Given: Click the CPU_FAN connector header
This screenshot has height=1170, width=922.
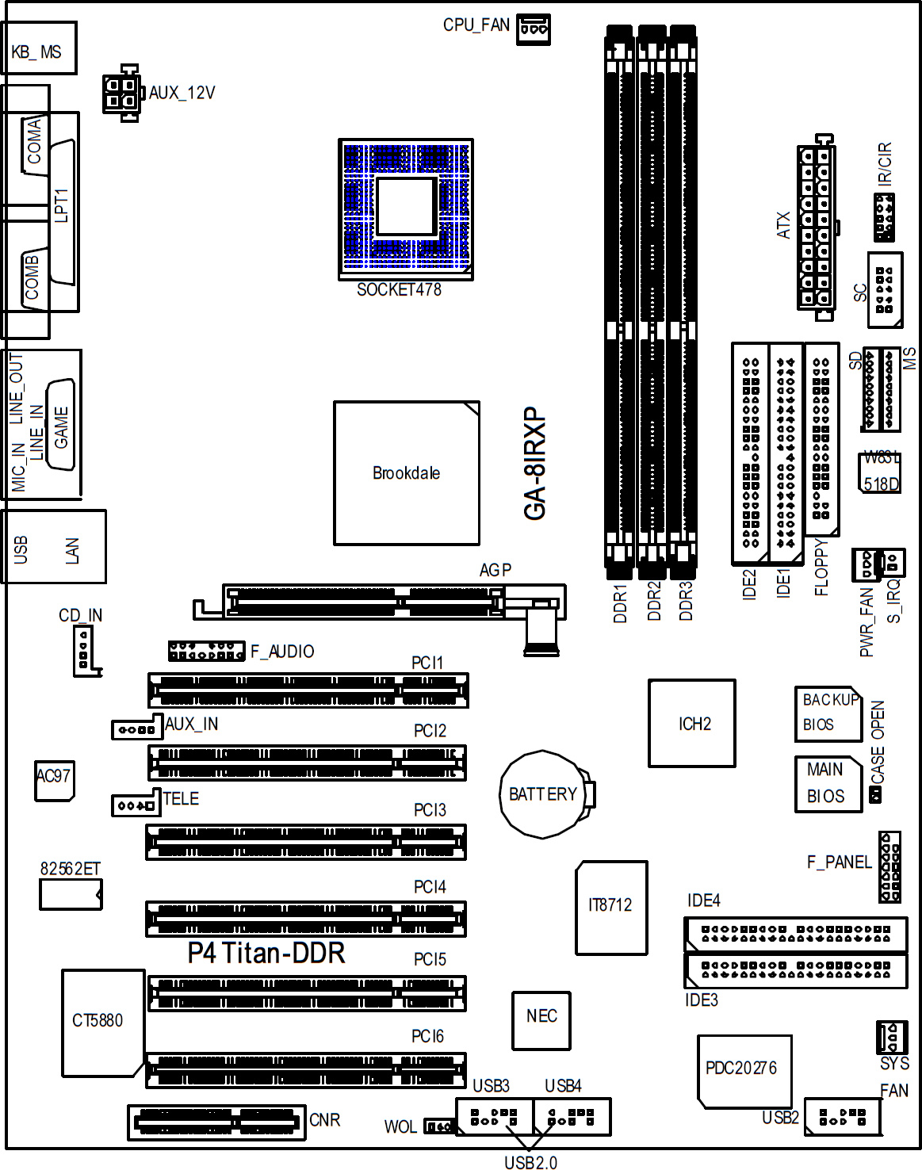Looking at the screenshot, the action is coord(533,29).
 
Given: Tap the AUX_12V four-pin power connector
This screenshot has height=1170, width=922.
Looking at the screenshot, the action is coord(122,93).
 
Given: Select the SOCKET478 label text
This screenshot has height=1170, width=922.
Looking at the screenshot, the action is coord(399,290).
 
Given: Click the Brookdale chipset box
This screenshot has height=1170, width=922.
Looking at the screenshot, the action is coord(407,473).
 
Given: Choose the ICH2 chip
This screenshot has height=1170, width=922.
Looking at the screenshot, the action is coord(692,724).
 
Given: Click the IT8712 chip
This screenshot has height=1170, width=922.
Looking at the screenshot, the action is coord(611,908).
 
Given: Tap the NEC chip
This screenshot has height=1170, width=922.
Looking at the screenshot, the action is coord(541,1020).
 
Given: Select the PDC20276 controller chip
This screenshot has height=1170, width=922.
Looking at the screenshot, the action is coord(744,1072).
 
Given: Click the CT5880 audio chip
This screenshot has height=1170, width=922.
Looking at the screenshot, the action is coord(103,1023).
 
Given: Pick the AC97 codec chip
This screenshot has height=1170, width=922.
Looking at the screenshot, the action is coord(54,781).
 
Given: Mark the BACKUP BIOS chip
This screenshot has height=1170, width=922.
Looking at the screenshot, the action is coord(828,713).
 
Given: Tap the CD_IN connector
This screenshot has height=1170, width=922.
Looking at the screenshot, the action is coord(86,650).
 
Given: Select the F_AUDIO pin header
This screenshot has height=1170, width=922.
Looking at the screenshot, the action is coord(206,651).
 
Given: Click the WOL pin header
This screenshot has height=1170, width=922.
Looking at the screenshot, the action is coord(439,1126).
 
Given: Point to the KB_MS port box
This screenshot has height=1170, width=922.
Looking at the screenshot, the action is coord(39,48).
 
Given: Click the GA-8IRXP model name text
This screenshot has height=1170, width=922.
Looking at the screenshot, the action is coord(534,463).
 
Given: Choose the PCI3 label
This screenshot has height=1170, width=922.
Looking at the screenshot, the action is coord(430,809).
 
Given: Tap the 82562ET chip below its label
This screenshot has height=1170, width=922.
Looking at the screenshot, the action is coord(71,894).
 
